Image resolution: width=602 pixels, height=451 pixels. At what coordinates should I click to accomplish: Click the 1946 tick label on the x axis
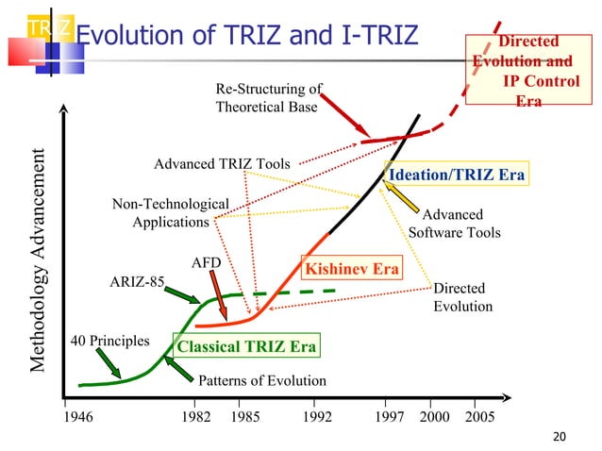coord(79,415)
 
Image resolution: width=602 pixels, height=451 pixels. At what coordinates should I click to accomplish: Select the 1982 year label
coord(195,415)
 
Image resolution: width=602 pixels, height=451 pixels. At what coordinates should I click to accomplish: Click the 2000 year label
coord(433,415)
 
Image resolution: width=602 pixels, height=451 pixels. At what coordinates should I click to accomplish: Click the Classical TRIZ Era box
coord(246,346)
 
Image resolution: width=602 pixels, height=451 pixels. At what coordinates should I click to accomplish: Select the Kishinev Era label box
coord(351,269)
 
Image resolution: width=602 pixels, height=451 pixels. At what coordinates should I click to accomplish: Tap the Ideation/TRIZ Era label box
coord(457,175)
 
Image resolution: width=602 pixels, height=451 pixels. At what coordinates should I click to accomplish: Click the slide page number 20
coord(560,436)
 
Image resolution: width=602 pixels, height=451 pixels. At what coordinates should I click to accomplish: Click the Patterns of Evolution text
coord(261,381)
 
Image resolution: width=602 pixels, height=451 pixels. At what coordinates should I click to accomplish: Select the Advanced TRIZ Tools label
coord(222,164)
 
